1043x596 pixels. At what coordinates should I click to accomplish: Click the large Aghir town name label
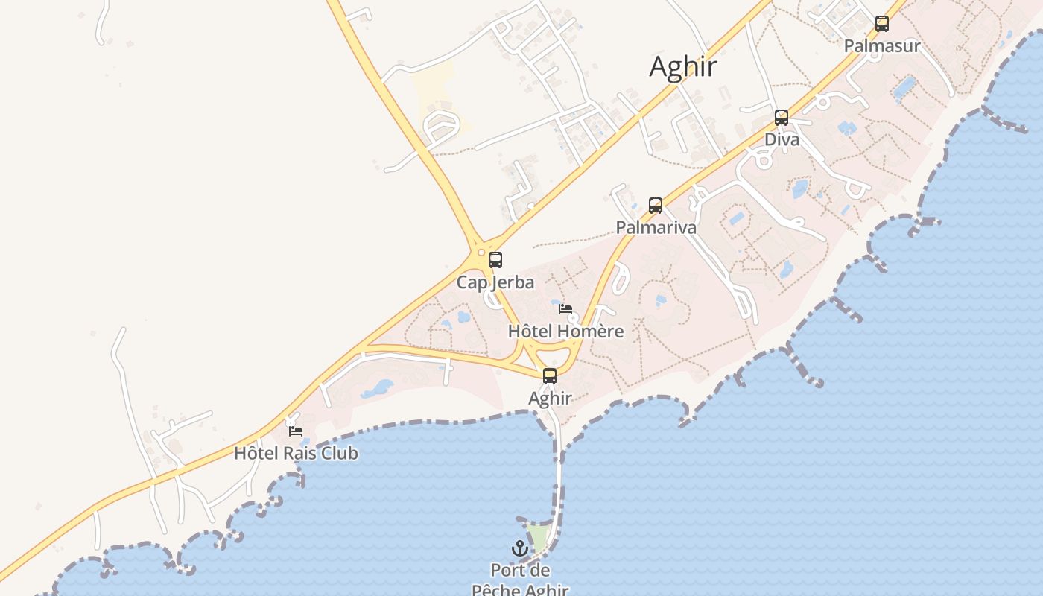click(x=683, y=67)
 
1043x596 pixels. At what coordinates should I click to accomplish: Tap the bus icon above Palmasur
click(x=882, y=24)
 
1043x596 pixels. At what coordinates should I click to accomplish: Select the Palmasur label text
click(x=882, y=46)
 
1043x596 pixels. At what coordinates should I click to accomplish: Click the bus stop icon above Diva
click(x=781, y=118)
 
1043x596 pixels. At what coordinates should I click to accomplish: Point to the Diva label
click(x=782, y=140)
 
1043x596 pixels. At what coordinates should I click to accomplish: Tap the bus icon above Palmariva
click(x=656, y=206)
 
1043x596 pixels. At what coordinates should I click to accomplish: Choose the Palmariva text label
click(x=656, y=228)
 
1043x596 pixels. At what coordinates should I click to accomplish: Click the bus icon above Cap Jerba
click(x=495, y=260)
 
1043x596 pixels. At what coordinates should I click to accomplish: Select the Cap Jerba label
click(x=495, y=282)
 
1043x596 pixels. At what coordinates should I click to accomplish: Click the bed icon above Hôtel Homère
click(x=565, y=309)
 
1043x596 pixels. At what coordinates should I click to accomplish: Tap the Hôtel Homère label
click(x=565, y=332)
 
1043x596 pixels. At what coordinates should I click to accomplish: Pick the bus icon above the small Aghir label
click(x=550, y=376)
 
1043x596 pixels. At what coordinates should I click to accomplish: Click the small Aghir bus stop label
click(x=550, y=399)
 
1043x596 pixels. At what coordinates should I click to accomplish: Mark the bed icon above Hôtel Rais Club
click(x=296, y=431)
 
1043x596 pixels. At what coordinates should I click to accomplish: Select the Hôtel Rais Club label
click(x=296, y=453)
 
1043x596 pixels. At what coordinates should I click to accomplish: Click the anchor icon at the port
click(x=519, y=549)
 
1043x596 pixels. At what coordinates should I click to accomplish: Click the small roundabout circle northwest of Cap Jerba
click(x=481, y=253)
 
